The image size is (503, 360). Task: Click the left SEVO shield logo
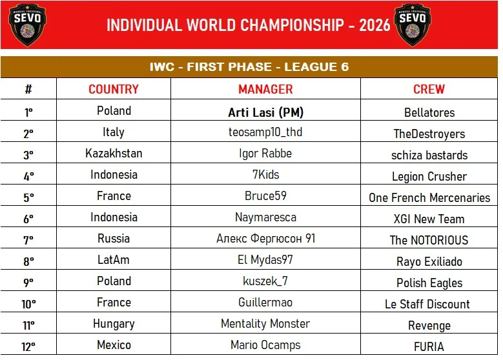click(x=27, y=25)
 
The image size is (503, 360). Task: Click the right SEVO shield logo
click(x=413, y=25)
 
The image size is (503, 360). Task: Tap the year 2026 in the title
click(x=375, y=25)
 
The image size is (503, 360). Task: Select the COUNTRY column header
click(x=114, y=89)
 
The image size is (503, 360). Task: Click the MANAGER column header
click(x=265, y=89)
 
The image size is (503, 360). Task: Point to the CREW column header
click(x=429, y=89)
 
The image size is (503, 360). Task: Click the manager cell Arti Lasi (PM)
click(x=265, y=112)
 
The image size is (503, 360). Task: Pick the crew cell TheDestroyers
click(x=429, y=134)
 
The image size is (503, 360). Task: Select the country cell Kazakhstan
click(x=114, y=154)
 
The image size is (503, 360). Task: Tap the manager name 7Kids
click(x=265, y=175)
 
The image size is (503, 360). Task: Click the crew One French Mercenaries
click(x=429, y=197)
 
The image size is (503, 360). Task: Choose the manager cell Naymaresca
click(x=265, y=217)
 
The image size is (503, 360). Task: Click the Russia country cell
click(x=114, y=239)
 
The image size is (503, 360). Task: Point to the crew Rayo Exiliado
click(x=429, y=261)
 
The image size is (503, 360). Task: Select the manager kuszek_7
click(x=265, y=281)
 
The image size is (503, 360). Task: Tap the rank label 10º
click(x=28, y=304)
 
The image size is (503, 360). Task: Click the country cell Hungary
click(x=114, y=324)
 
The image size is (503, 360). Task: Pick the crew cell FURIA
click(x=429, y=347)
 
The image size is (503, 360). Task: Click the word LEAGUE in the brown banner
click(x=309, y=66)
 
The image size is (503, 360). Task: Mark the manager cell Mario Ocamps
click(x=265, y=345)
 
